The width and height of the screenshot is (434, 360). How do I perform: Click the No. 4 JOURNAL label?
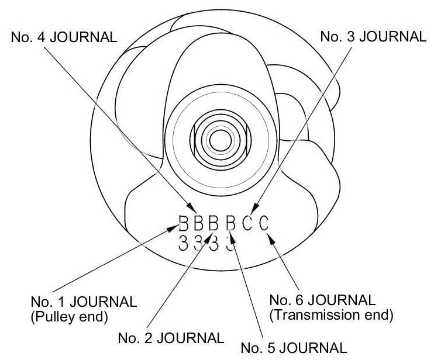point(64,36)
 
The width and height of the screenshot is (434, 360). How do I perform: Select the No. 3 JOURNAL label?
point(373,36)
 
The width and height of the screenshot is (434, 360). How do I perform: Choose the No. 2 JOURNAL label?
point(170,338)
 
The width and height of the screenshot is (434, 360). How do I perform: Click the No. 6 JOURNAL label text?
point(322,301)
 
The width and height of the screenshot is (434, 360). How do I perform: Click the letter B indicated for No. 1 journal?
point(184,224)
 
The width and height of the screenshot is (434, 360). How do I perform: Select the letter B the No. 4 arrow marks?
point(199,224)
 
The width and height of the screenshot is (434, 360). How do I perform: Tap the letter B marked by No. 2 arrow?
point(214,224)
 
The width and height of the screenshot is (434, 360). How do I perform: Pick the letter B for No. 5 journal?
point(230,224)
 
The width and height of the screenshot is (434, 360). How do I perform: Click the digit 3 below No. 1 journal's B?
point(183,244)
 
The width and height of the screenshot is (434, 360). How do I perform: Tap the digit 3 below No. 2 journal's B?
point(199,244)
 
